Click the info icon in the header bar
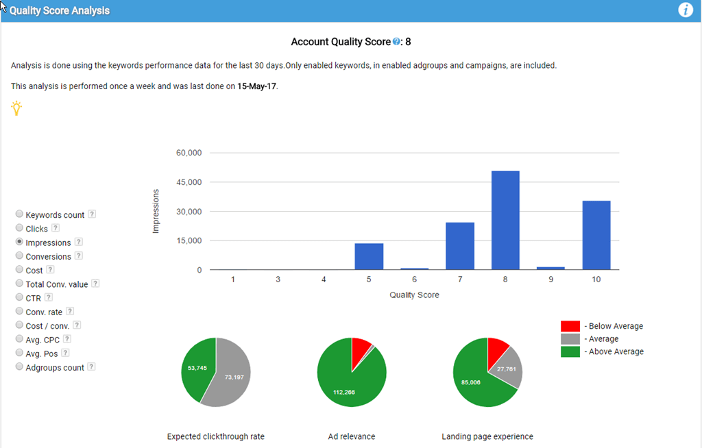[x=686, y=10]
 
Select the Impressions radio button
[x=19, y=242]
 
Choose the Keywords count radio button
[x=19, y=214]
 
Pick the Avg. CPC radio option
[x=19, y=339]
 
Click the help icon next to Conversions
[x=78, y=256]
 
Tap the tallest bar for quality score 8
[x=505, y=220]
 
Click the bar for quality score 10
[x=596, y=235]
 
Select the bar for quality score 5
[x=369, y=256]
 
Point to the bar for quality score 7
[x=459, y=246]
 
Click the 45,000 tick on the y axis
[x=189, y=182]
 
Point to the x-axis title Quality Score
[x=414, y=295]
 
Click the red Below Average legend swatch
[x=570, y=326]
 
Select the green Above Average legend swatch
[x=570, y=351]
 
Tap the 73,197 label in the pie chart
[x=234, y=377]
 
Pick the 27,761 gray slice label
[x=507, y=369]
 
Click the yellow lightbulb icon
[x=16, y=108]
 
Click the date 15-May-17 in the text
[x=256, y=87]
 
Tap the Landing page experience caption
[x=487, y=436]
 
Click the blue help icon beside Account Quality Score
[x=396, y=42]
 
